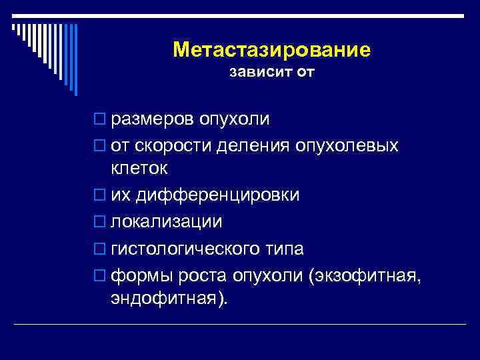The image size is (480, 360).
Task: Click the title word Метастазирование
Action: point(271,50)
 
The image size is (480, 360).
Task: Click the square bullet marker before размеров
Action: point(101,120)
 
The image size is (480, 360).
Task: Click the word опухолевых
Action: point(346,145)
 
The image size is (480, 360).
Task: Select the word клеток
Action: point(139,169)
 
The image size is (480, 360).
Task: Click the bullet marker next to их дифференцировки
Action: point(101,195)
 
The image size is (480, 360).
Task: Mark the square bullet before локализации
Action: point(101,221)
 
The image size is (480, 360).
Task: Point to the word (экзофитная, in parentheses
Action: point(364,275)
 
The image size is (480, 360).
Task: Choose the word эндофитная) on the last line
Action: point(169,299)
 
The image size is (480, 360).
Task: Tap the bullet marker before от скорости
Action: point(101,145)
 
